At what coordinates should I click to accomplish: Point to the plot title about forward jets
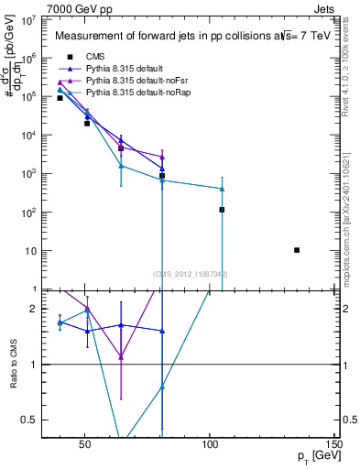click(183, 37)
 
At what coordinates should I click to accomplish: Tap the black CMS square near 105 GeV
click(222, 210)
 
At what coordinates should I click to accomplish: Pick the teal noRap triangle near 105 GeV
click(222, 189)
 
